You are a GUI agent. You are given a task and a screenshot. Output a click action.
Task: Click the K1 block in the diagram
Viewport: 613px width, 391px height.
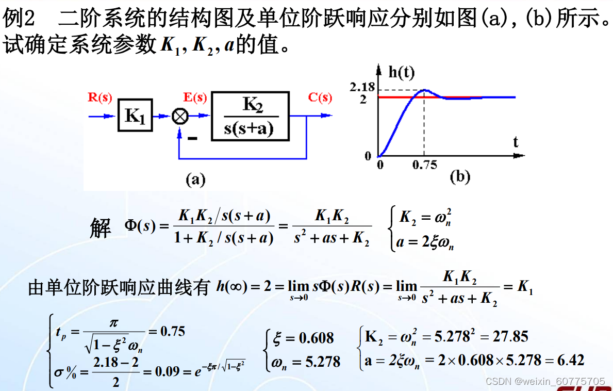pyautogui.click(x=135, y=116)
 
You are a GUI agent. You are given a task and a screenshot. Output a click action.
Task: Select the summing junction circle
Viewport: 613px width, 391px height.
pyautogui.click(x=179, y=117)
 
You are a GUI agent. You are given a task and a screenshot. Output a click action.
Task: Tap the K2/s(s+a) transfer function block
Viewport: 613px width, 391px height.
pyautogui.click(x=250, y=116)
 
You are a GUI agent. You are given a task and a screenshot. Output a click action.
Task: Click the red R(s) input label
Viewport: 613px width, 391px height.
pyautogui.click(x=100, y=98)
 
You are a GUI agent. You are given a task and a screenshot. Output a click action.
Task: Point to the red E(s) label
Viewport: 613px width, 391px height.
pyautogui.click(x=195, y=98)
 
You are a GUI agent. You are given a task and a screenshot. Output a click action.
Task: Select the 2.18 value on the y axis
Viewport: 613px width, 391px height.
pyautogui.click(x=361, y=87)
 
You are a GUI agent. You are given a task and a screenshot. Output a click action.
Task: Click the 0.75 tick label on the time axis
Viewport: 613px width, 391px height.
pyautogui.click(x=424, y=165)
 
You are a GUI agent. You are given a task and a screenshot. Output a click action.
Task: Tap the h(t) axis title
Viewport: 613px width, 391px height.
pyautogui.click(x=402, y=72)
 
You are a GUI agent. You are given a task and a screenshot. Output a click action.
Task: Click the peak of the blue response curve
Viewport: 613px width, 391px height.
pyautogui.click(x=424, y=90)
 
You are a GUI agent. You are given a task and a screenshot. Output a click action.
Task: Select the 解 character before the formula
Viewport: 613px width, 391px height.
pyautogui.click(x=100, y=227)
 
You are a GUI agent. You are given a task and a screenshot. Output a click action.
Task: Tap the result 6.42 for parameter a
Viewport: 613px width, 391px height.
pyautogui.click(x=571, y=360)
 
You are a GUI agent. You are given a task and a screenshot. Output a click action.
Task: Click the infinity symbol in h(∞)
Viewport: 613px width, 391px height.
pyautogui.click(x=237, y=286)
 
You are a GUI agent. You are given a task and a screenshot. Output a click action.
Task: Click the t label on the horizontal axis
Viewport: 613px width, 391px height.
pyautogui.click(x=515, y=142)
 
